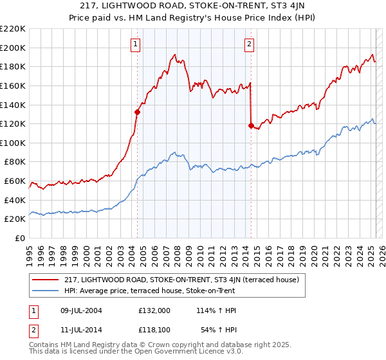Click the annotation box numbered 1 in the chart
click(136, 44)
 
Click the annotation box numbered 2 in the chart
click(249, 44)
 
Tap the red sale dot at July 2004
click(137, 111)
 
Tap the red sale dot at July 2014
click(250, 125)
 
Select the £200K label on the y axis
click(14, 48)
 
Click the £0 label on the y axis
click(19, 238)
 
